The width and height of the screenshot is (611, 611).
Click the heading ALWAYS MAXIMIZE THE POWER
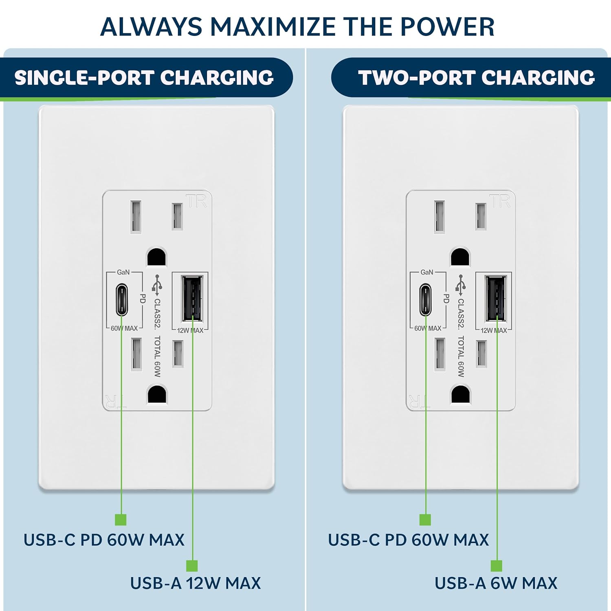coord(297,27)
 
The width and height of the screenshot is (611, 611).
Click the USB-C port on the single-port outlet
coord(122,300)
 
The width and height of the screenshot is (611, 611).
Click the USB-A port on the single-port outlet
coord(192,299)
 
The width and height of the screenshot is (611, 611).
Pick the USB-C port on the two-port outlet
coord(425,300)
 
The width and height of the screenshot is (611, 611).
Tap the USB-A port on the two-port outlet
coord(496,299)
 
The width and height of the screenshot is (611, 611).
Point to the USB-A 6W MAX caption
coord(496,583)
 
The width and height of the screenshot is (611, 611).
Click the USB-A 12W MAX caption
coord(195,583)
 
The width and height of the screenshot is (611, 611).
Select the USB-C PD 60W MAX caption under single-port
coord(104,540)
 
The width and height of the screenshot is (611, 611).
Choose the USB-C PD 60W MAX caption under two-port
coord(408,540)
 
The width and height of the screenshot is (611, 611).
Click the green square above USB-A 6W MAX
coord(496,566)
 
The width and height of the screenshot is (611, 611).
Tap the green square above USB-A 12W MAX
coord(192,566)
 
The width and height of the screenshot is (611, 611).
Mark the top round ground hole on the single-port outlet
coord(156,257)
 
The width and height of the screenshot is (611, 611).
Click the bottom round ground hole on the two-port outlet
coord(461,394)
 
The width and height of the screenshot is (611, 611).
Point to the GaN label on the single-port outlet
coord(123,272)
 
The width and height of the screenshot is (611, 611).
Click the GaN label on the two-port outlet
coord(427,272)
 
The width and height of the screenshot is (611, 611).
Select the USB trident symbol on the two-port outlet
coord(461,285)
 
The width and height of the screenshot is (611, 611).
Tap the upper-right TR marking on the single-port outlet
coord(197,201)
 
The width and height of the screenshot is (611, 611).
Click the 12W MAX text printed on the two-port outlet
coord(494,330)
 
